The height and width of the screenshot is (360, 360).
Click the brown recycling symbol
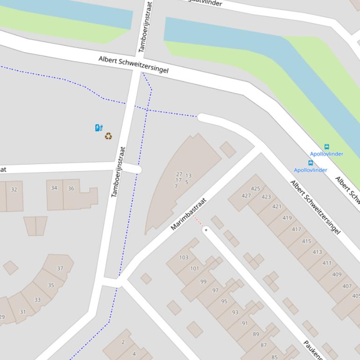(108, 136)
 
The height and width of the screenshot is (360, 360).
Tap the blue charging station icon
(99, 128)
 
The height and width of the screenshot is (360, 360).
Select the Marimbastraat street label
(188, 214)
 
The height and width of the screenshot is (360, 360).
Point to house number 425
(255, 189)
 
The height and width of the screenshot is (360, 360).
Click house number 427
(246, 196)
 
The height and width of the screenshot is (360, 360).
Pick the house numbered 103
(184, 258)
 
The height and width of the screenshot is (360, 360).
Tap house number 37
(60, 268)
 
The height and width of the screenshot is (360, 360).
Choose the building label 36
(71, 188)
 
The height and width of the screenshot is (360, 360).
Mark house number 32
(14, 189)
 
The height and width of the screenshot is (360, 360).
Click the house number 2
(123, 342)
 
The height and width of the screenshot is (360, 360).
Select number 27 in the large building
(179, 174)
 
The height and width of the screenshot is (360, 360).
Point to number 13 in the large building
(188, 176)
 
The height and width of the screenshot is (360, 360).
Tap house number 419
(287, 218)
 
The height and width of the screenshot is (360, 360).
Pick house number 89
(256, 334)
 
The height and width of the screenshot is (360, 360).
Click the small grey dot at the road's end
(206, 230)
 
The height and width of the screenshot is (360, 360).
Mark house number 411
(327, 263)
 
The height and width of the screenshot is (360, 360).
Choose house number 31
(23, 312)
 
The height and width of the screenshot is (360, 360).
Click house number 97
(215, 290)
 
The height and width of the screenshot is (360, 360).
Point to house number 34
(54, 188)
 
